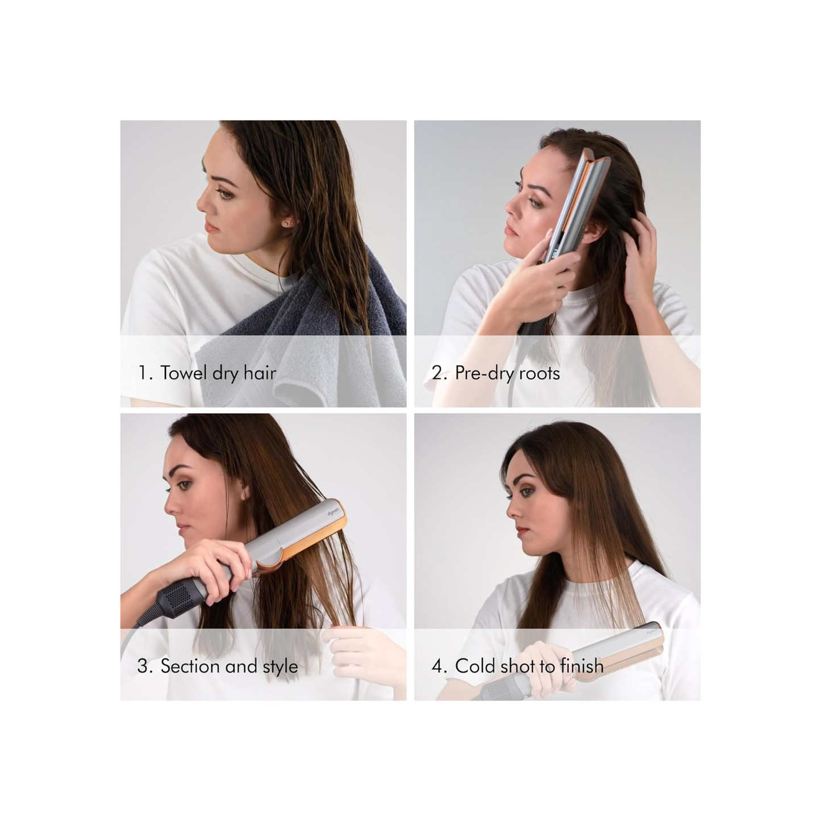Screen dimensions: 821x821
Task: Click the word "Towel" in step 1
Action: point(183,373)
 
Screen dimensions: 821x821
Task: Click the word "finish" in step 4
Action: point(582,666)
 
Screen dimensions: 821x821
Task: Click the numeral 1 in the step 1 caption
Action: point(142,373)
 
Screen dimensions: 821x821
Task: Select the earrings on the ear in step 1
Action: point(289,222)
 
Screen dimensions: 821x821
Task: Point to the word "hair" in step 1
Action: point(260,373)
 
